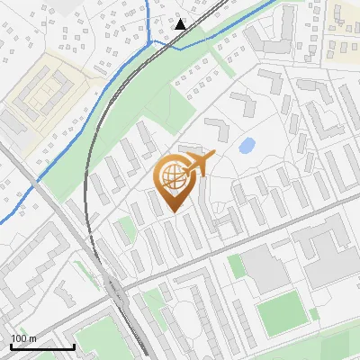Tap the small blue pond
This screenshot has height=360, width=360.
pos(246,145)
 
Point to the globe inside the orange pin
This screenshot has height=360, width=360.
pos(171,176)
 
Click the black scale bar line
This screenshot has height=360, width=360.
pos(42,346)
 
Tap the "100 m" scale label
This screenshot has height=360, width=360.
pos(24,338)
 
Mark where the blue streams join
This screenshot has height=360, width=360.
pos(162,41)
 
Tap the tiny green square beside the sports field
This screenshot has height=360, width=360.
pos(313,314)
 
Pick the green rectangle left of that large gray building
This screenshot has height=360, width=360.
pos(236,265)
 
